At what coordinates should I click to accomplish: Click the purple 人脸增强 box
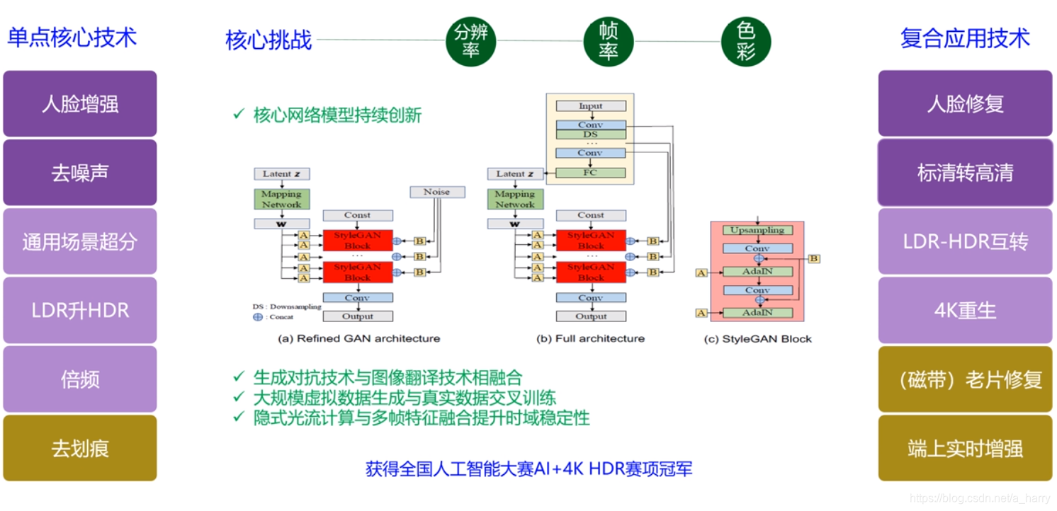(x=80, y=104)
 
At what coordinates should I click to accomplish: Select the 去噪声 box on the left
(x=80, y=173)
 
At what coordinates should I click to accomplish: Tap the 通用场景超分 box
(x=80, y=241)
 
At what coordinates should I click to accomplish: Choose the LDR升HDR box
(x=80, y=310)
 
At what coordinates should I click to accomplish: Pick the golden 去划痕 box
(x=80, y=448)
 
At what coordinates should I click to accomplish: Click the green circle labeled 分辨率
(x=471, y=40)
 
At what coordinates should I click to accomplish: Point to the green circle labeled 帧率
(x=609, y=40)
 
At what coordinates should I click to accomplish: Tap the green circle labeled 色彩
(x=745, y=40)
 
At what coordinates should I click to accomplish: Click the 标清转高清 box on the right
(x=965, y=173)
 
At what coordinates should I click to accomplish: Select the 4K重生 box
(x=965, y=310)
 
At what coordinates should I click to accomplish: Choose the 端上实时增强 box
(x=965, y=448)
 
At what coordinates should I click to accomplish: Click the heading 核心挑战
(x=269, y=40)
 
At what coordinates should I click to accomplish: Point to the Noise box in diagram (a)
(x=437, y=192)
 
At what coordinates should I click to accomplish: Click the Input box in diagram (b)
(x=590, y=106)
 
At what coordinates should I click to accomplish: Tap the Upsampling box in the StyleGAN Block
(x=757, y=230)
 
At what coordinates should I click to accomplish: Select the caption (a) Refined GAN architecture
(x=358, y=338)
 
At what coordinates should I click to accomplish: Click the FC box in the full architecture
(x=590, y=173)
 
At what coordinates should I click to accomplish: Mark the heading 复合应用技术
(x=965, y=38)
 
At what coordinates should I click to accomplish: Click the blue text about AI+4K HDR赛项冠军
(x=528, y=469)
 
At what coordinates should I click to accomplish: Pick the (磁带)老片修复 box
(x=965, y=379)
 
